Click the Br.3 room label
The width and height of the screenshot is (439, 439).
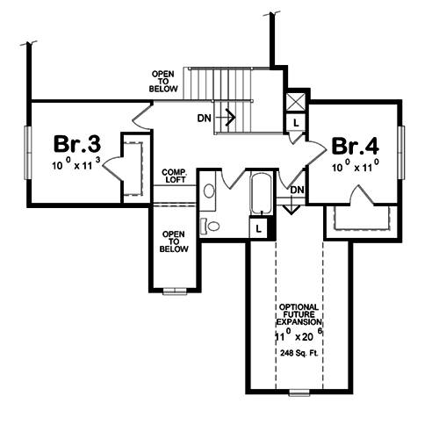[76, 143]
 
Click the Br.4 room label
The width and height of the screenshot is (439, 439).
[355, 147]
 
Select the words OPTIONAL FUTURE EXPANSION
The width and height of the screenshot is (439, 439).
[299, 314]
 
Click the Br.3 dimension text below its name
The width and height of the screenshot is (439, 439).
[77, 163]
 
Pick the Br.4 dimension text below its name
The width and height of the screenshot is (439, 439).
[355, 167]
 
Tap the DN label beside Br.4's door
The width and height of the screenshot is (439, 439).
[297, 190]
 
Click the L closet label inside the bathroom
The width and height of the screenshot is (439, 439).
[258, 228]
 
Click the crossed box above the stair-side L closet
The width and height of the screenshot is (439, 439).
[297, 99]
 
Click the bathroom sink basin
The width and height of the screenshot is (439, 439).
[209, 190]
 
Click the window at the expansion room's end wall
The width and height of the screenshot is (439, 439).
[299, 390]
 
